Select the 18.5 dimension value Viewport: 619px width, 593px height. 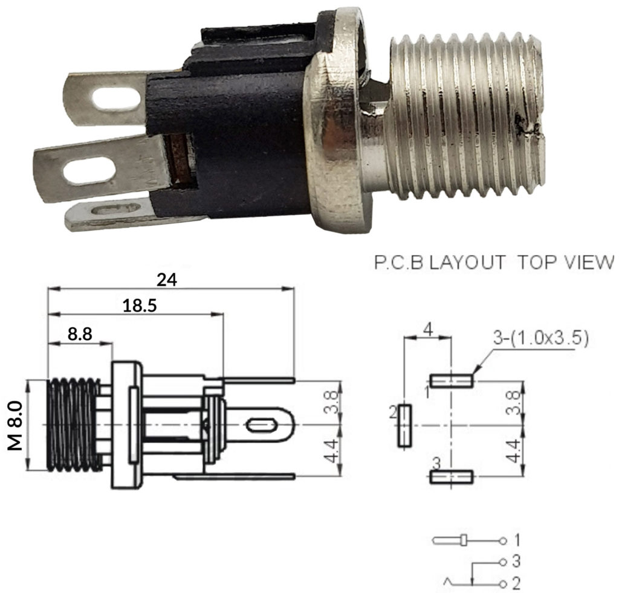140,306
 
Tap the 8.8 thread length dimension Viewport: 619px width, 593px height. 80,334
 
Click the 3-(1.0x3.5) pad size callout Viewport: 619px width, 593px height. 541,338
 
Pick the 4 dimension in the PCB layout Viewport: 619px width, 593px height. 427,330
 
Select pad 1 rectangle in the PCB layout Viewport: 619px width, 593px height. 452,380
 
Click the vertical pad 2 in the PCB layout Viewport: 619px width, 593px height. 404,426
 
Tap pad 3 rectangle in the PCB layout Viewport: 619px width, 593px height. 452,478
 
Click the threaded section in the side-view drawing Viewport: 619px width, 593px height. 73,425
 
